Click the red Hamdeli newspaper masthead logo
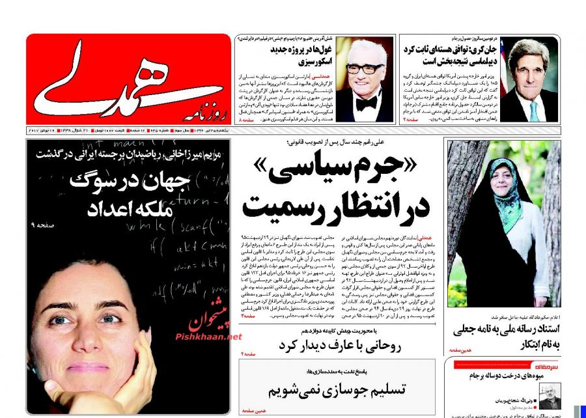128,78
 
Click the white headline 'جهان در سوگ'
127,182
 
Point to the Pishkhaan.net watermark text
208,337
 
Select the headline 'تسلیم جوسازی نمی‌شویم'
337,391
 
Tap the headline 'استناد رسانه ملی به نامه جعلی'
505,330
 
